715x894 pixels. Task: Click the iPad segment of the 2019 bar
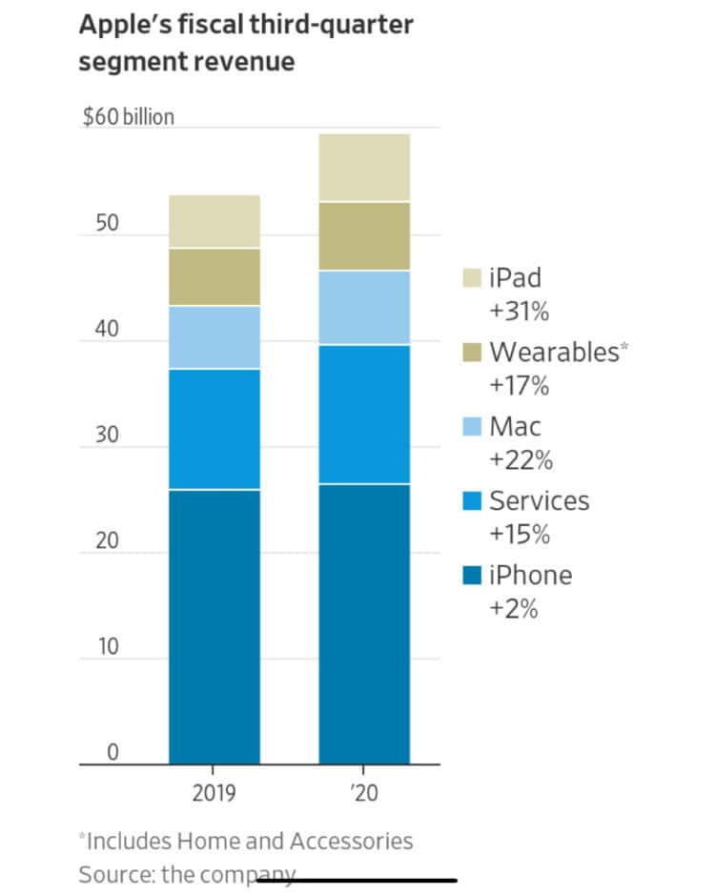(214, 221)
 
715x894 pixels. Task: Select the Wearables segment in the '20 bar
(364, 236)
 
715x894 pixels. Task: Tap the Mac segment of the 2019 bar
(214, 337)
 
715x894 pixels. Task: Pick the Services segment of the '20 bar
(364, 415)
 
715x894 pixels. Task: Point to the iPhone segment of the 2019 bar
(214, 627)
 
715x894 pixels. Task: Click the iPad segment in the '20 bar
(364, 168)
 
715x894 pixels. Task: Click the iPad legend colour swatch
(472, 277)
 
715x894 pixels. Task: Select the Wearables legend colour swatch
(472, 352)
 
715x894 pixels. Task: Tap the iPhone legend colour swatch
(472, 575)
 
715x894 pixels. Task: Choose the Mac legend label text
(515, 426)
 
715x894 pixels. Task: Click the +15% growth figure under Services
(520, 535)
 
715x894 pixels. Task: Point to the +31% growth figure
(520, 312)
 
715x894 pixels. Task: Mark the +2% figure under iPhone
(513, 608)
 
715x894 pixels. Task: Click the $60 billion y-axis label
(129, 116)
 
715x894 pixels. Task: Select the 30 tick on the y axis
(107, 435)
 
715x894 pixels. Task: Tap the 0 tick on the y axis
(112, 752)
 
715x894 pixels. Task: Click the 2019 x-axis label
(214, 793)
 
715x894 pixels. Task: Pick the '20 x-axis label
(365, 793)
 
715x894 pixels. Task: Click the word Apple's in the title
(126, 26)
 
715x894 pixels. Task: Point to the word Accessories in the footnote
(351, 841)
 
